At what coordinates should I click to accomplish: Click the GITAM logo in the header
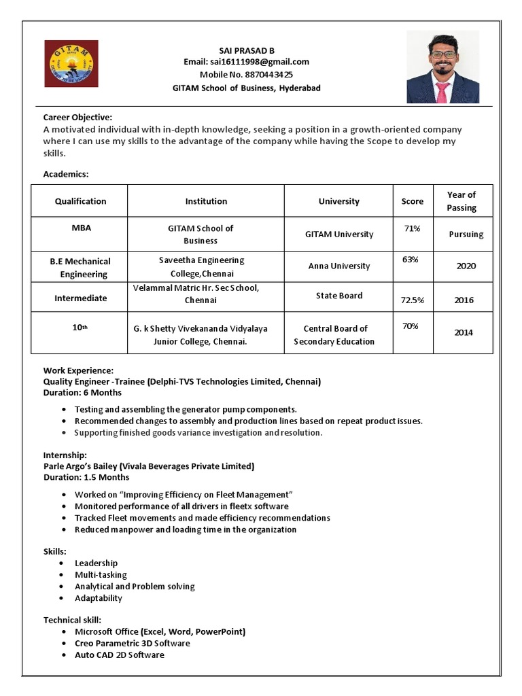pyautogui.click(x=71, y=63)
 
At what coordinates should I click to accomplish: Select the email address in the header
pyautogui.click(x=246, y=62)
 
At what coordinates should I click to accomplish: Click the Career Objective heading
pyautogui.click(x=77, y=118)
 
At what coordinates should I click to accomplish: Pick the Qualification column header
pyautogui.click(x=80, y=201)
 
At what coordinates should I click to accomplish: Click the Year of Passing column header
pyautogui.click(x=462, y=201)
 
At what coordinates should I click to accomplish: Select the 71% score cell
pyautogui.click(x=412, y=228)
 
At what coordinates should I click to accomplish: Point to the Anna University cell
pyautogui.click(x=339, y=266)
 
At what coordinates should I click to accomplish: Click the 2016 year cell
pyautogui.click(x=464, y=300)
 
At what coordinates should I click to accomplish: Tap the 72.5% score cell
pyautogui.click(x=413, y=300)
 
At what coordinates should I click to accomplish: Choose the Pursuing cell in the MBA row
pyautogui.click(x=466, y=234)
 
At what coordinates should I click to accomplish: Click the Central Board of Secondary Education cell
pyautogui.click(x=334, y=335)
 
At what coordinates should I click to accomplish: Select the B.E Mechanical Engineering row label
pyautogui.click(x=80, y=268)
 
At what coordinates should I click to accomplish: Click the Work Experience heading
pyautogui.click(x=78, y=370)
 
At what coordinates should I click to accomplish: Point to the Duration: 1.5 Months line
pyautogui.click(x=86, y=477)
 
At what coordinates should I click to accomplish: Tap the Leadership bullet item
pyautogui.click(x=96, y=563)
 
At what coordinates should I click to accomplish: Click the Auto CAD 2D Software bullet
pyautogui.click(x=119, y=655)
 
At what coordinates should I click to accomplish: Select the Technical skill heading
pyautogui.click(x=72, y=620)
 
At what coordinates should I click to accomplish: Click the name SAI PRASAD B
pyautogui.click(x=246, y=50)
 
